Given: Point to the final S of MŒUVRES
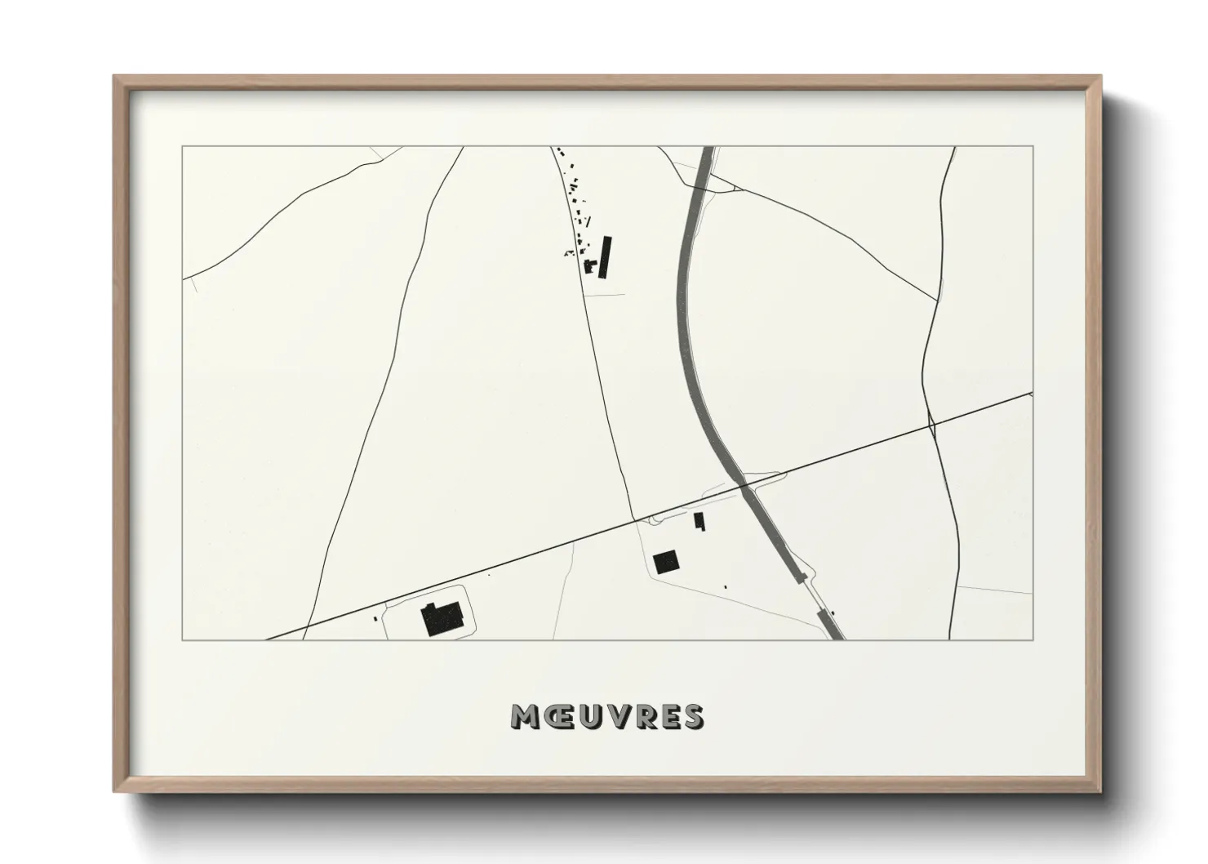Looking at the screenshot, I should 692,716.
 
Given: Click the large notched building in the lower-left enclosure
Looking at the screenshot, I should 442,618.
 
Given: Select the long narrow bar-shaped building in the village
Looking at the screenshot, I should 605,256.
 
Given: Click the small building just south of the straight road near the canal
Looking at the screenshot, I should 699,520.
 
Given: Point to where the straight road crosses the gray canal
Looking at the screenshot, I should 744,487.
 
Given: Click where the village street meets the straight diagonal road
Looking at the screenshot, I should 635,520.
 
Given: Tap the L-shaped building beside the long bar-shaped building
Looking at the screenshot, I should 588,265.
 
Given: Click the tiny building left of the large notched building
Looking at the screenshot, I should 377,619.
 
